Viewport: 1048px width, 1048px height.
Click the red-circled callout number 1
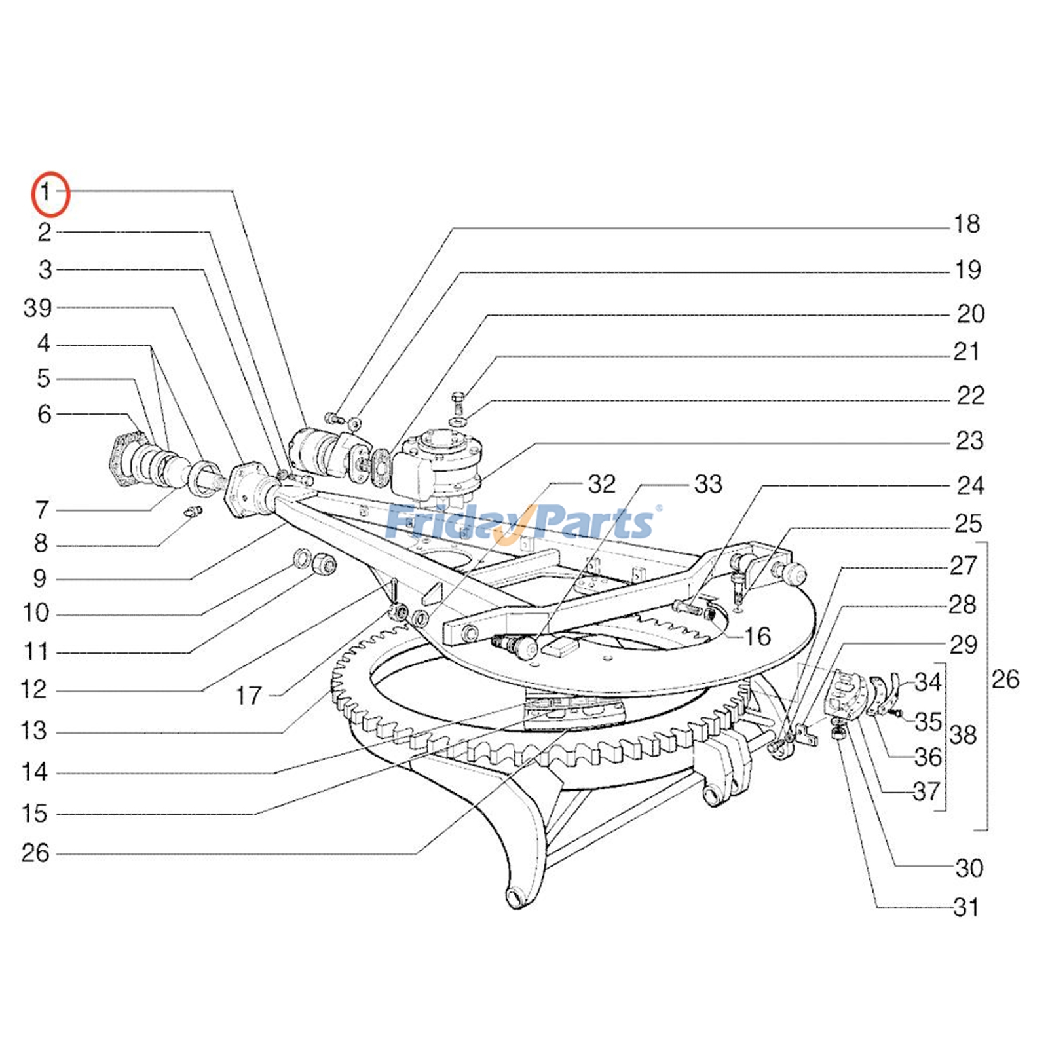(47, 193)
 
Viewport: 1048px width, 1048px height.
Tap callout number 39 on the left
(37, 307)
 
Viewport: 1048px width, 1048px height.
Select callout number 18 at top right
(966, 225)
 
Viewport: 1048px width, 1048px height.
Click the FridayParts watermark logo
(521, 523)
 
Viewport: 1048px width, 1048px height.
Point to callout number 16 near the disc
(757, 637)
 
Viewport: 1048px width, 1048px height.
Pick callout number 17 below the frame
(249, 696)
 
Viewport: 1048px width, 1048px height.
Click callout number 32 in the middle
(601, 485)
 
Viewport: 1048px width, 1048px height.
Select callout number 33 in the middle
(708, 485)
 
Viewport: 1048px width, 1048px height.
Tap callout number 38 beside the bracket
(963, 736)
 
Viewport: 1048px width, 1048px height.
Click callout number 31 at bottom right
(966, 908)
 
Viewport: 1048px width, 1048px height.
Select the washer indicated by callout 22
(458, 421)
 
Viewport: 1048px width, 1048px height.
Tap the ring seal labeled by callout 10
(303, 558)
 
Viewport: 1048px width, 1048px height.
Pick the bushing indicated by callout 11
(324, 563)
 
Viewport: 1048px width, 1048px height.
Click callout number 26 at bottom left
(35, 853)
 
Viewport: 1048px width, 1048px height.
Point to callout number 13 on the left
(34, 730)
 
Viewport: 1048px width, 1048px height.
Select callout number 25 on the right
(968, 524)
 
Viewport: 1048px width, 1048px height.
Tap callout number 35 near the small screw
(928, 722)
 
